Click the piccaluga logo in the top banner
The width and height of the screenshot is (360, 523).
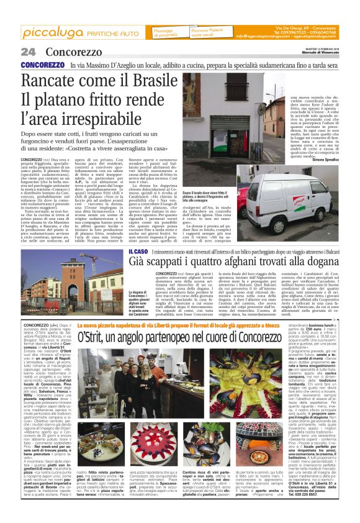tap(49, 32)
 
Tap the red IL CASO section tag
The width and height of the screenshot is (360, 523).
tap(138, 251)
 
